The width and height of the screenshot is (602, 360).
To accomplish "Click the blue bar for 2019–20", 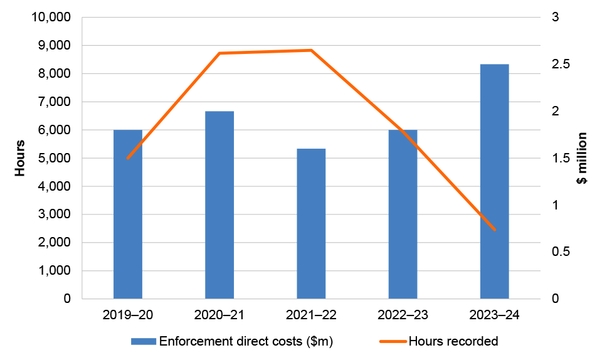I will pos(128,214).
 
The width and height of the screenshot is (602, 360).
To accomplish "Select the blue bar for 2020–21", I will pos(219,205).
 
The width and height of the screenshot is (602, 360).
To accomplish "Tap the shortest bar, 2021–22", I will pos(311,224).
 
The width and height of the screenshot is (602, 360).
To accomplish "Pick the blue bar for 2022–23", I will pos(403,214).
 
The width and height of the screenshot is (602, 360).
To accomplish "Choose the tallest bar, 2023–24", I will pos(494,182).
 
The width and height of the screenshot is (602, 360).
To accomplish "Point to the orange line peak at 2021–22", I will pos(311,50).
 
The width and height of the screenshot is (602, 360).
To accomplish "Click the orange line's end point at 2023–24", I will pos(494,230).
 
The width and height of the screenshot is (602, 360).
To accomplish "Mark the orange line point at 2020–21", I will pos(219,53).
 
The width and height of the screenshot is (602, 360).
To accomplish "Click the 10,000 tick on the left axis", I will pos(50,18).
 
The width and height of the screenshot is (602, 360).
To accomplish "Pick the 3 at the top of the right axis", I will pos(555,18).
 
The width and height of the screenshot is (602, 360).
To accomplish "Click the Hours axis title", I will pos(20,158).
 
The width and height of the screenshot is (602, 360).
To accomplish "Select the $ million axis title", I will pos(582,158).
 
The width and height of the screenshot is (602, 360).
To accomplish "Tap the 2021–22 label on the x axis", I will pos(311,314).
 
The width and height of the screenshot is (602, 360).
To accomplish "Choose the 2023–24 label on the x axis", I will pos(494,314).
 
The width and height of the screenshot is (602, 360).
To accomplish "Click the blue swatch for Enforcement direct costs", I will pos(144,342).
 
